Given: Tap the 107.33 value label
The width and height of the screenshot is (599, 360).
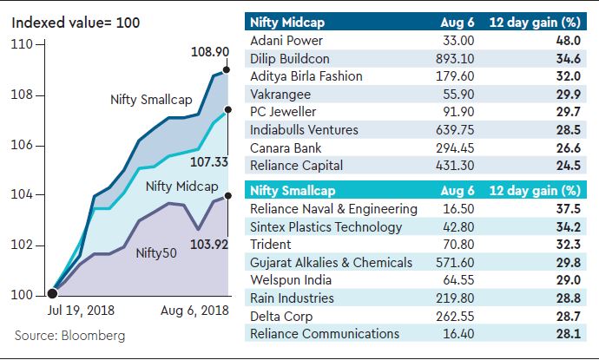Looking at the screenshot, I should (x=208, y=160).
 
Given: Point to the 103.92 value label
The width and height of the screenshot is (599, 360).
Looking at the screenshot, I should (x=208, y=245).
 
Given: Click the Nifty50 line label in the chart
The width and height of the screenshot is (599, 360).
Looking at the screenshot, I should (x=158, y=253).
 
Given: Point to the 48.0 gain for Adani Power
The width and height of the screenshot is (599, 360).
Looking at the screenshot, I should (x=569, y=40).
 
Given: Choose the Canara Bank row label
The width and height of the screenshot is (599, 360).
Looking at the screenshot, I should (x=286, y=147).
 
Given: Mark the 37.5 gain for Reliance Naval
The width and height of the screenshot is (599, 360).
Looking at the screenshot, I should (x=569, y=209).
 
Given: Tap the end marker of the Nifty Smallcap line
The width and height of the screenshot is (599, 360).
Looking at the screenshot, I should (x=226, y=69).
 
